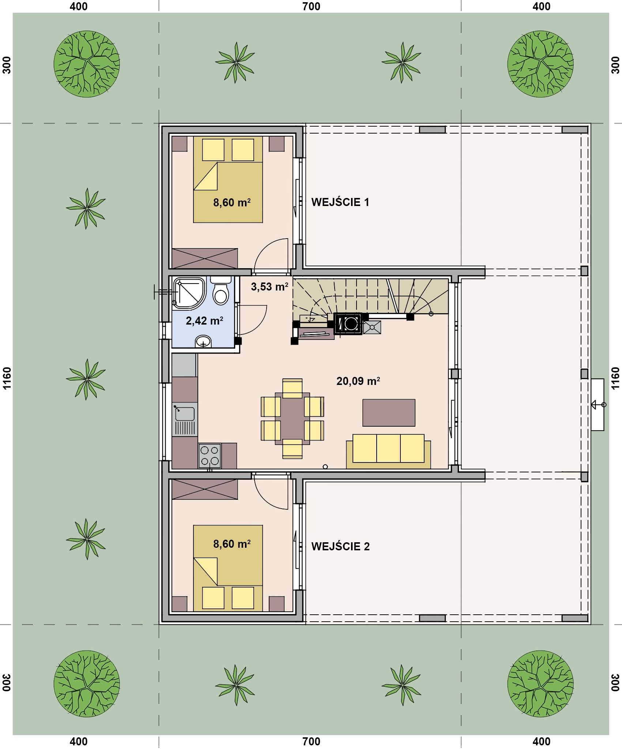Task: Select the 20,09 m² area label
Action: click(358, 381)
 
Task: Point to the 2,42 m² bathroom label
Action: click(204, 321)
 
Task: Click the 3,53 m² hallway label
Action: click(269, 287)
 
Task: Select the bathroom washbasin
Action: click(203, 341)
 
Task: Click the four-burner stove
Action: click(210, 456)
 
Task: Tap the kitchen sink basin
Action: click(185, 413)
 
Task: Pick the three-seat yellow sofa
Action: click(388, 451)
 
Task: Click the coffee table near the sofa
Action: click(389, 413)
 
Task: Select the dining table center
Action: click(293, 418)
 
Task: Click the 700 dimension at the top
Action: click(311, 6)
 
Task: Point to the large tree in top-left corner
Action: click(87, 64)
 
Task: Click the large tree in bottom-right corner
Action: click(540, 683)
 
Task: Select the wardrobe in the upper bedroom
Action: click(205, 258)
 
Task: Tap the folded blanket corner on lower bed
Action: click(206, 571)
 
